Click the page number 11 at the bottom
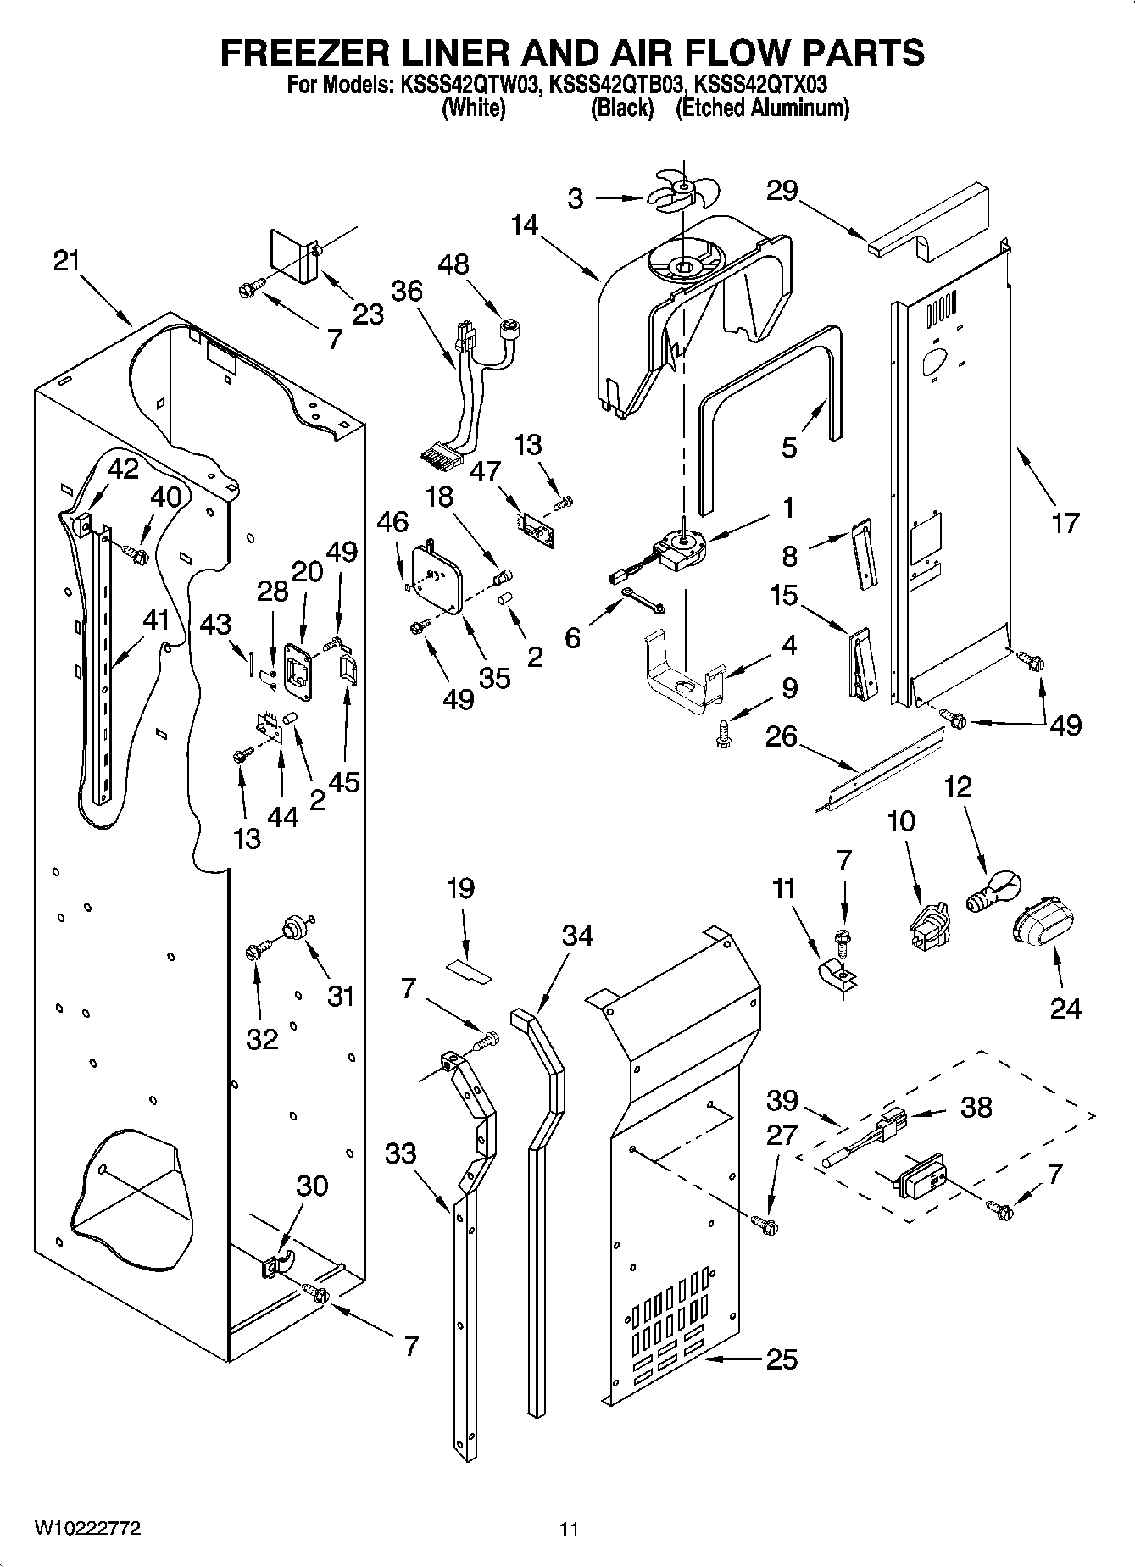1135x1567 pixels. pos(568,1529)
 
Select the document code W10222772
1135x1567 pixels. pos(87,1528)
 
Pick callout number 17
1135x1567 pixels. pos(1065,522)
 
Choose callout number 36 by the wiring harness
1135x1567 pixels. pos(407,291)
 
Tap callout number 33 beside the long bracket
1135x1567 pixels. pos(400,1153)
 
